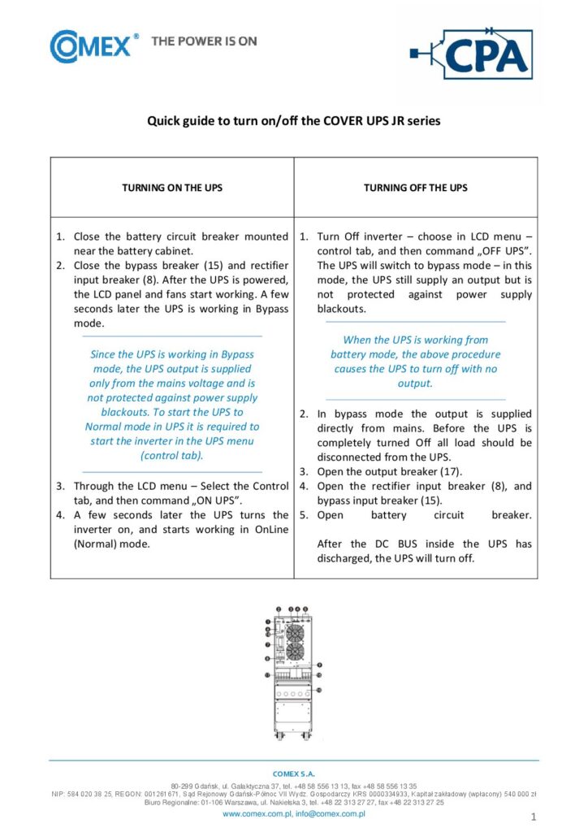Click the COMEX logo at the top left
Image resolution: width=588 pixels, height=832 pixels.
89,46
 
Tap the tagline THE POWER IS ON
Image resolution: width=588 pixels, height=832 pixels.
204,41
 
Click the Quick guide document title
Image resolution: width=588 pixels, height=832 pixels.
293,121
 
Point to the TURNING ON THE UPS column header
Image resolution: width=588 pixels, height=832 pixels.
171,188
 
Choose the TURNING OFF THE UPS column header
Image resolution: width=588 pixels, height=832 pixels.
415,188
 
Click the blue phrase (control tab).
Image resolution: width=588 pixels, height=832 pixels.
171,456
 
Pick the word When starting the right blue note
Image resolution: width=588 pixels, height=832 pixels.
355,340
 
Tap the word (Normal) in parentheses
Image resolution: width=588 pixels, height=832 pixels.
95,544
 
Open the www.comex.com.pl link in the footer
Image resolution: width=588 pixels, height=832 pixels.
257,812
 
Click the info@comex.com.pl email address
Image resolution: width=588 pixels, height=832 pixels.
330,812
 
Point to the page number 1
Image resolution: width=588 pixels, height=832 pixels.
533,816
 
